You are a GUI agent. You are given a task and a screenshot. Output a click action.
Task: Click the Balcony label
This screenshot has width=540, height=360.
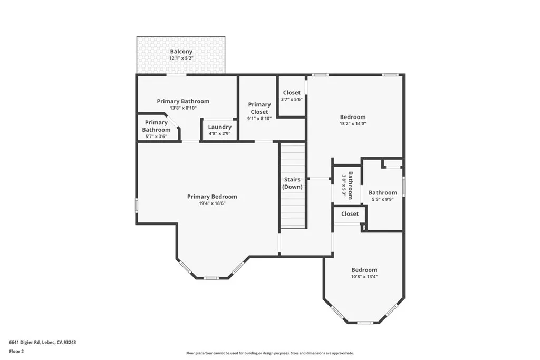[181, 52]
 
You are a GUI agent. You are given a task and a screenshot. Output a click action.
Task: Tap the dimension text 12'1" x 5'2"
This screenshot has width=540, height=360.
[181, 58]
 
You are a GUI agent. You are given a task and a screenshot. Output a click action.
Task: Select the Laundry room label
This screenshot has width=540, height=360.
[219, 127]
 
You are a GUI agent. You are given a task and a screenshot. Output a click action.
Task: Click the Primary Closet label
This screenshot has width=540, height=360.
[259, 108]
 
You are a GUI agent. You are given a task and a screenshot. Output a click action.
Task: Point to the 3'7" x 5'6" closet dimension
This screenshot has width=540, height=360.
[292, 99]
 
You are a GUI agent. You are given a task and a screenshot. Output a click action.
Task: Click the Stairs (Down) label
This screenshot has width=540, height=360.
[292, 183]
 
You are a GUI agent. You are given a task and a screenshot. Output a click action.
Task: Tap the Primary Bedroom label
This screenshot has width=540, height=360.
[212, 197]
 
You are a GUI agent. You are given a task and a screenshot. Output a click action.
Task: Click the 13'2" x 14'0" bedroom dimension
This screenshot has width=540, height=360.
[352, 124]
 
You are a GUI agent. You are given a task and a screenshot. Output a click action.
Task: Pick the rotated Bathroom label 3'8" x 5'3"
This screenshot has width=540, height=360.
[347, 186]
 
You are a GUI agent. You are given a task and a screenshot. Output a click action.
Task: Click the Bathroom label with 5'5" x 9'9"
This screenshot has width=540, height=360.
[383, 192]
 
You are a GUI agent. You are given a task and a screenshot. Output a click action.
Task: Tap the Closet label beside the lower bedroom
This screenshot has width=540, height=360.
[350, 213]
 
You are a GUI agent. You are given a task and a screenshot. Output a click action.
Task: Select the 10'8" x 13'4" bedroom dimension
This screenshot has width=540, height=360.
[364, 276]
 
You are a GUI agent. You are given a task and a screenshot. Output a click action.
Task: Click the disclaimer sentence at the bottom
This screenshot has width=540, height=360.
[269, 353]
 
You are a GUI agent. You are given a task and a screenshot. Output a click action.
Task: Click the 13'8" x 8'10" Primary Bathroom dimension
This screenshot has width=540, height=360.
[183, 108]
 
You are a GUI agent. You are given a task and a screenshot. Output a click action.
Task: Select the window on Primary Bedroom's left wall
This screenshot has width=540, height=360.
[137, 205]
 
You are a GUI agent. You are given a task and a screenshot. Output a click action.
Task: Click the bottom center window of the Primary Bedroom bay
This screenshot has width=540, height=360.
[211, 278]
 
